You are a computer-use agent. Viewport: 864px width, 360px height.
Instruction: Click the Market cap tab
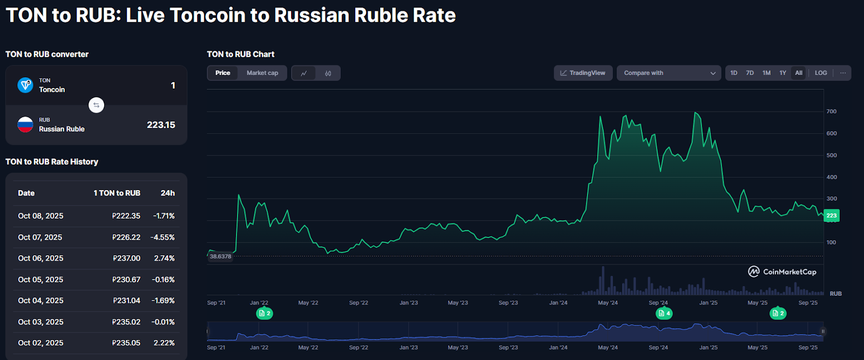point(262,73)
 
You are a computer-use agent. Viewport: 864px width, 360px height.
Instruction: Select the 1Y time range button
point(782,73)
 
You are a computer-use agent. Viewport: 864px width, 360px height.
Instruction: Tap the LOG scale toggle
point(821,73)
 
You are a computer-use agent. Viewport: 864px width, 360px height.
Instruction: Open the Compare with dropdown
point(669,73)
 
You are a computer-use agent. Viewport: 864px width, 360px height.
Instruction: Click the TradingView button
point(583,73)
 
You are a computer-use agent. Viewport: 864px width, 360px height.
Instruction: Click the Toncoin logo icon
point(25,85)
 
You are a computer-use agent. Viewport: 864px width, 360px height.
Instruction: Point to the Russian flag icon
point(25,125)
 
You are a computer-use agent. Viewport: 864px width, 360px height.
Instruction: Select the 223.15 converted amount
point(161,125)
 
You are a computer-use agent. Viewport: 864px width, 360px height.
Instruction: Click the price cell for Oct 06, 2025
point(126,259)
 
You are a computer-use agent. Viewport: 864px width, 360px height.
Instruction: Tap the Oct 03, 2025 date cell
point(40,322)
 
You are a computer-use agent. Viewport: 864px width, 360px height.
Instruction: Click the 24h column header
point(167,193)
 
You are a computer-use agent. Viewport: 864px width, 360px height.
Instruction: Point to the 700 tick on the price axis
point(831,112)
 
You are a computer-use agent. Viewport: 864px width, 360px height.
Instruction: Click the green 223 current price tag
point(832,216)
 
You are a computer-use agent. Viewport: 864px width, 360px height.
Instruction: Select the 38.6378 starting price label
point(220,256)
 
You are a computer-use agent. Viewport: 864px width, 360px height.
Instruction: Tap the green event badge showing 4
point(664,313)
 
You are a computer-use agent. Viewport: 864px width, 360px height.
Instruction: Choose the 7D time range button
point(750,73)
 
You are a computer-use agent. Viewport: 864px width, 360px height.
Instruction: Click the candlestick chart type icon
point(328,73)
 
